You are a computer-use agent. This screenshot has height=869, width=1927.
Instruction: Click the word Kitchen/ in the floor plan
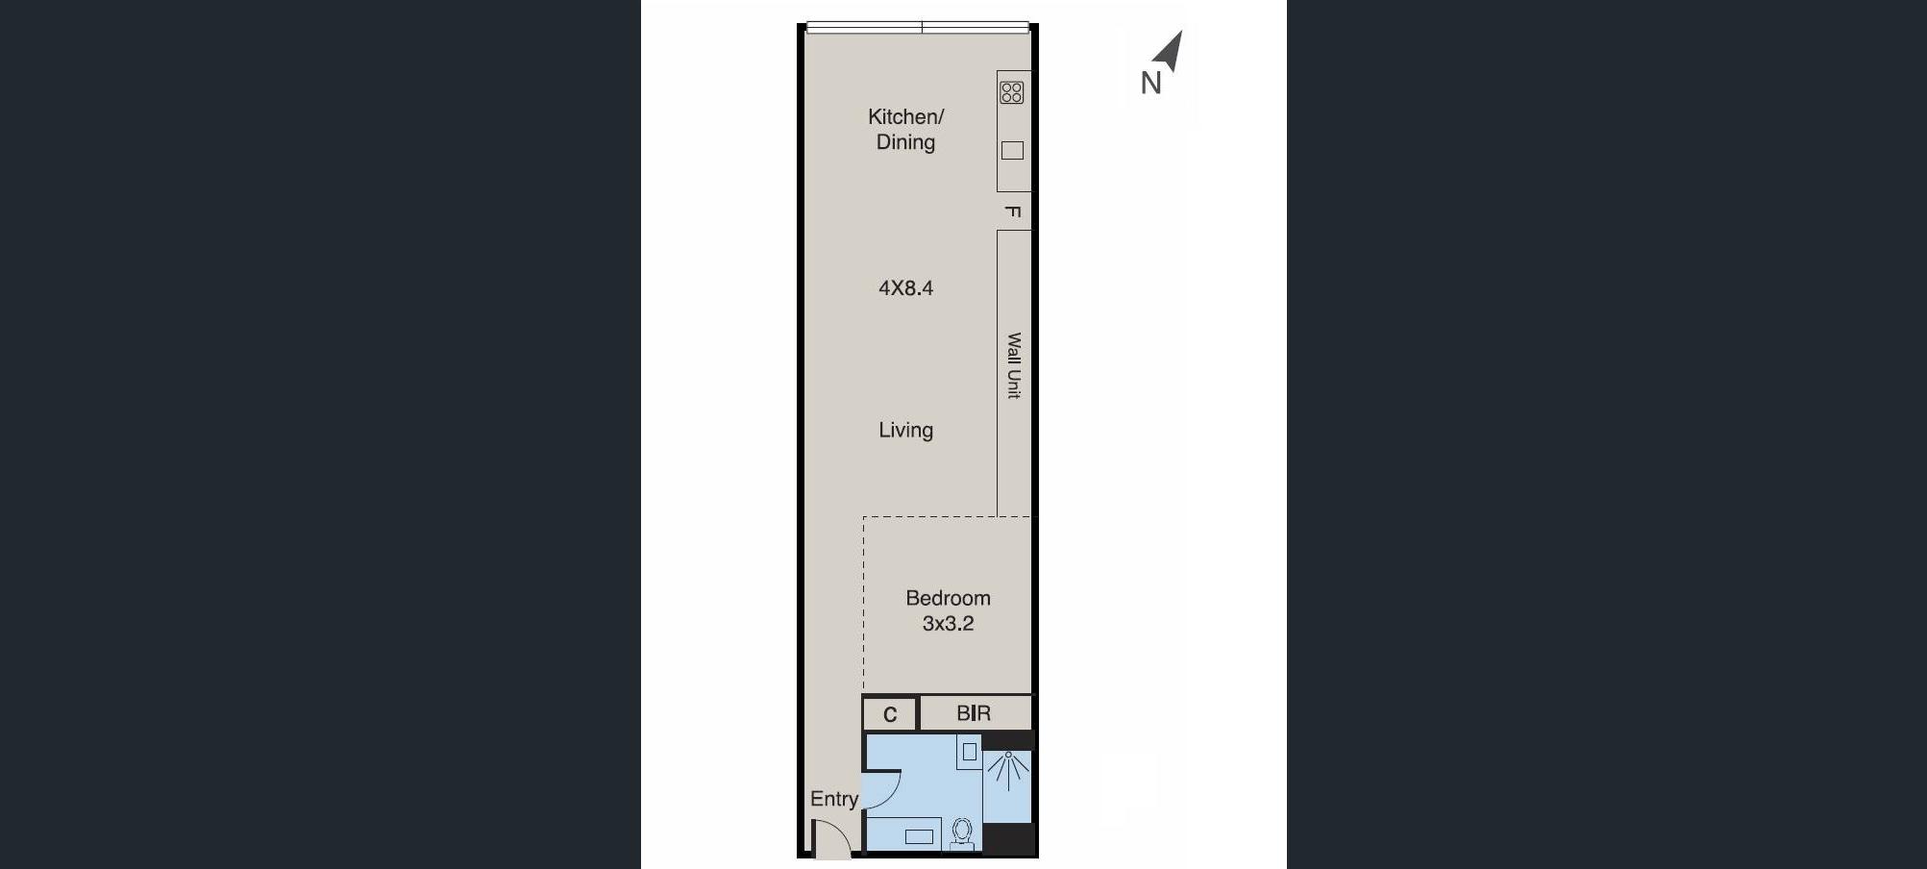point(905,117)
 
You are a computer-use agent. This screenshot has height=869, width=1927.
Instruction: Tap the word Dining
point(905,142)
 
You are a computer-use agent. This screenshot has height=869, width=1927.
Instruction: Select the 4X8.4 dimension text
point(905,287)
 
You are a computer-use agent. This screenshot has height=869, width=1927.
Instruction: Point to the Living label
point(905,430)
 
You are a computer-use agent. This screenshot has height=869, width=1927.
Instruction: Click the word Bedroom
point(948,598)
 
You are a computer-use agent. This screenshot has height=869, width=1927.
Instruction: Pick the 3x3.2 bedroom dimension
point(948,623)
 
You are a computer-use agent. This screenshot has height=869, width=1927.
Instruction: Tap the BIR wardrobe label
point(974,713)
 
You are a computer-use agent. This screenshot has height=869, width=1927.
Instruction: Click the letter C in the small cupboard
point(890,714)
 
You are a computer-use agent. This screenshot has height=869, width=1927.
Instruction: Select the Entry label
point(834,799)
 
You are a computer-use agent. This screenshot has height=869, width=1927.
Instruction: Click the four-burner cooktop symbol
point(1012,92)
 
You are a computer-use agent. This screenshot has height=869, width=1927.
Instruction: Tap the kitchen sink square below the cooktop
point(1012,150)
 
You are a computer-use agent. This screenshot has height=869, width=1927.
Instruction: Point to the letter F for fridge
point(1012,211)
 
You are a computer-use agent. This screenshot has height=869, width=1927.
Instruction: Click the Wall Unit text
point(1014,365)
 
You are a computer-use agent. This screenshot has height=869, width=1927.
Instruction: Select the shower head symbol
point(1008,769)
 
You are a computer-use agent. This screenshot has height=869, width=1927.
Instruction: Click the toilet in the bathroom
point(962,833)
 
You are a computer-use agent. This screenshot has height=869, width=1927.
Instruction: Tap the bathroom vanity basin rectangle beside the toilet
point(919,836)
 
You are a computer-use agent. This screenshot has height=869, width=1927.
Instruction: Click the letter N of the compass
point(1151,84)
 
